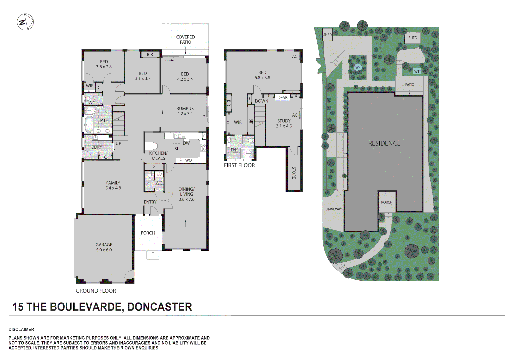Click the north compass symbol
pos(25,22)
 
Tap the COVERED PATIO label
pos(185,39)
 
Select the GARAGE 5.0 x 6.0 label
pos(104,247)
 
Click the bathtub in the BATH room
pos(89,124)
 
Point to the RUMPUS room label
pos(185,111)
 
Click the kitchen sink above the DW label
pos(179,136)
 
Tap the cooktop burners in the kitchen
pos(203,147)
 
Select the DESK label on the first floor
pos(282,98)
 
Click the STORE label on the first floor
pos(294,173)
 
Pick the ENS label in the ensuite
pos(235,150)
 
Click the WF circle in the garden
pos(358,67)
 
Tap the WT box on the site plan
pos(417,71)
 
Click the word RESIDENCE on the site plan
pos(384,143)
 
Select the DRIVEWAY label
pos(334,209)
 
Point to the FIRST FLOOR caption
pos(239,165)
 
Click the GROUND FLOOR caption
pos(96,291)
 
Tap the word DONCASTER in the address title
pos(160,307)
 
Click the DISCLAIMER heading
pos(21,329)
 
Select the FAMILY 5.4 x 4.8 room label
pos(113,185)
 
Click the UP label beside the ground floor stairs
pos(118,143)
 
